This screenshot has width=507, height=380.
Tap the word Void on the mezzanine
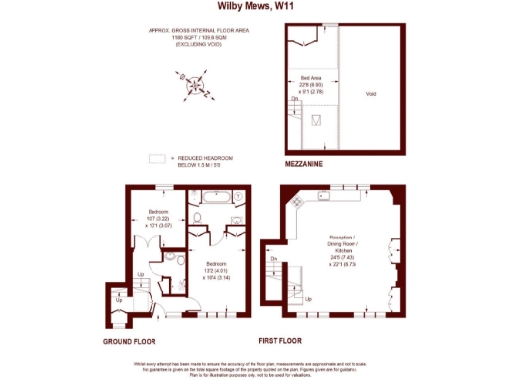click(x=371, y=94)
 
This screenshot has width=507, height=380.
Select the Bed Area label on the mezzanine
click(x=313, y=84)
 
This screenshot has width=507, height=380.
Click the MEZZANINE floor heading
click(x=308, y=162)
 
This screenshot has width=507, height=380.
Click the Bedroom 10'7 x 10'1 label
click(x=159, y=219)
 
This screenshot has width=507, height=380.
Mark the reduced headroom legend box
click(x=155, y=157)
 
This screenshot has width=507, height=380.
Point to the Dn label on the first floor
click(x=272, y=259)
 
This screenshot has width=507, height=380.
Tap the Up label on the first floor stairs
click(x=307, y=298)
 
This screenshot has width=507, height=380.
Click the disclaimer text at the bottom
click(x=253, y=367)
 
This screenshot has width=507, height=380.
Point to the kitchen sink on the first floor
click(x=323, y=195)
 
